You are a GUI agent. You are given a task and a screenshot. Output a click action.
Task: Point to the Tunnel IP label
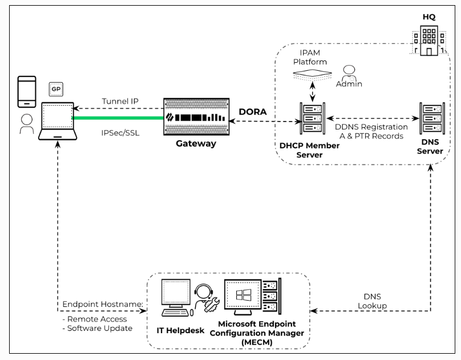(x=121, y=102)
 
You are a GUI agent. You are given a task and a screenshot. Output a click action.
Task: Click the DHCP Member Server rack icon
(x=312, y=120)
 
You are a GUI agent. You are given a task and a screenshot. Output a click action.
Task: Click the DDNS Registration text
(x=371, y=127)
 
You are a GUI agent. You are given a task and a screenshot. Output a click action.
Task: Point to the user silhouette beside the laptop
(x=26, y=124)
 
